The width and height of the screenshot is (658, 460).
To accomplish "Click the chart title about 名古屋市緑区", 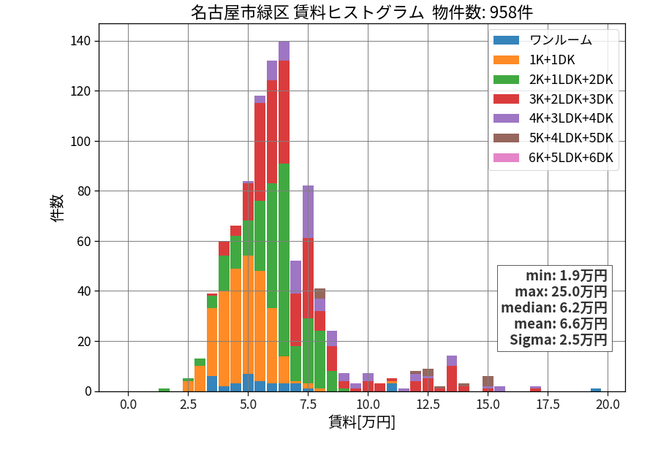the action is point(362,12).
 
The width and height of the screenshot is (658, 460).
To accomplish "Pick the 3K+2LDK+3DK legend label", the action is point(571,99).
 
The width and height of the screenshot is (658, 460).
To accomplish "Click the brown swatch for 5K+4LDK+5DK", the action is point(506,138).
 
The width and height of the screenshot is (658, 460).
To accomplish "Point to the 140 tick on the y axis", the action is point(80,41).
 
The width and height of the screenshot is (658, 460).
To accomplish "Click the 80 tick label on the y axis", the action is point(84,191).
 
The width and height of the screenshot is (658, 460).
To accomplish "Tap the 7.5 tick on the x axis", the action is point(308,405).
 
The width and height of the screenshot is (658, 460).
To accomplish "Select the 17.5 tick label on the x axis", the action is point(548,405).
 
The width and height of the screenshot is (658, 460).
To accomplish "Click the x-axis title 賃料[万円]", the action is point(362,422).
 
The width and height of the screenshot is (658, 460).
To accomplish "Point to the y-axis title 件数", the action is point(57,208).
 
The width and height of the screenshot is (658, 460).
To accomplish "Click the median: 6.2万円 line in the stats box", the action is point(554,307).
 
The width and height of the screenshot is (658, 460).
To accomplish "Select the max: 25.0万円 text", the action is point(561,291).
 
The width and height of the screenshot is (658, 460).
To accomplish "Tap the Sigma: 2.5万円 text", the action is point(559,340).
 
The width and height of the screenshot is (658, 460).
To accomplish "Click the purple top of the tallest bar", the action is point(284,51).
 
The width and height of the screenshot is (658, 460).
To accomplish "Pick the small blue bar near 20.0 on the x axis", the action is point(596,390).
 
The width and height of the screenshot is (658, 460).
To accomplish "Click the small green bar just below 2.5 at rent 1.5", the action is point(164,390).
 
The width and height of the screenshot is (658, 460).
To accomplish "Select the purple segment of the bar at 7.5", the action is point(308,212).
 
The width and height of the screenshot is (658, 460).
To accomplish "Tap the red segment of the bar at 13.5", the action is point(452,379).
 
